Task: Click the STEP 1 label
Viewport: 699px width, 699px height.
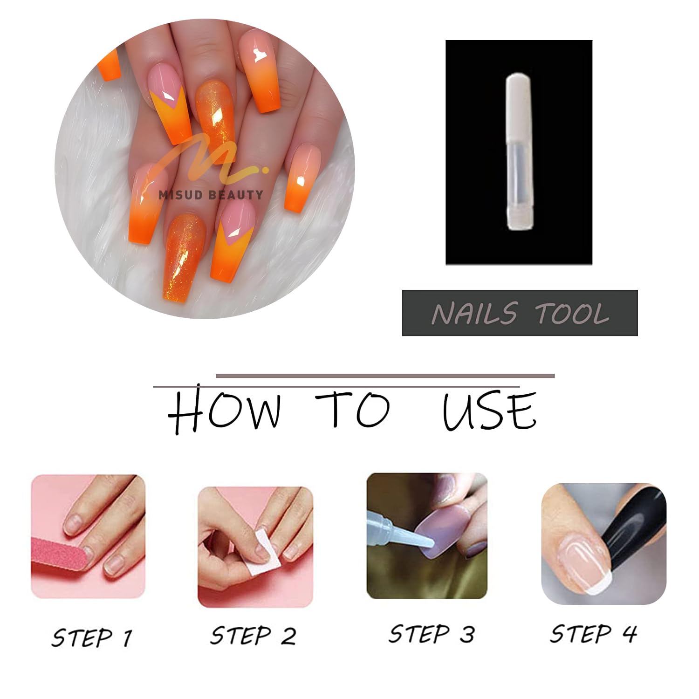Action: coord(92,637)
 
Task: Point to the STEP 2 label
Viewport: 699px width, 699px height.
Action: coord(253,636)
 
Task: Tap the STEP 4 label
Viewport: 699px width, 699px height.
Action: coord(593,634)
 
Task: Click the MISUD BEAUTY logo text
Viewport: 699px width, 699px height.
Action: coord(211,195)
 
